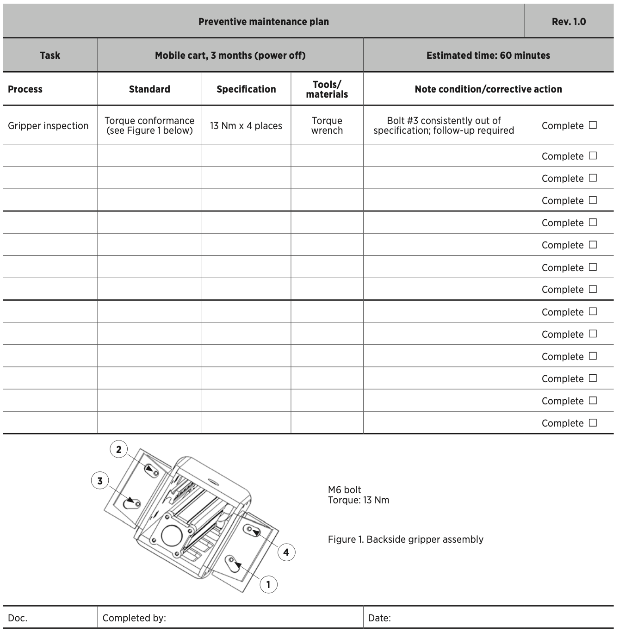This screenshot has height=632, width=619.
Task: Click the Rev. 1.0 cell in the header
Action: (x=569, y=22)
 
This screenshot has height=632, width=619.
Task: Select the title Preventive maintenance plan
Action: (x=263, y=22)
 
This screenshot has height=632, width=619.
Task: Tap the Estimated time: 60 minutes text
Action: (x=488, y=56)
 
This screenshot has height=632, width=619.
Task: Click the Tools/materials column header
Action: (x=327, y=89)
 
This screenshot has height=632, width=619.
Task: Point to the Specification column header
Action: (x=246, y=89)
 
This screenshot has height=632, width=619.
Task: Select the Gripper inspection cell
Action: (x=48, y=126)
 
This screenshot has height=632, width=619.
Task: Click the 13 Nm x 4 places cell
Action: (x=246, y=126)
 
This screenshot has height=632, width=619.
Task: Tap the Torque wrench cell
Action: (x=327, y=126)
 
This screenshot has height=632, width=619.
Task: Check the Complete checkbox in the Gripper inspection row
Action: (x=593, y=125)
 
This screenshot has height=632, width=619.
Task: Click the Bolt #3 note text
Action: (x=444, y=126)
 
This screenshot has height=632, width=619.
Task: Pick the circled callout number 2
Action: (x=119, y=449)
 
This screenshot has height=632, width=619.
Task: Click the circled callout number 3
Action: (x=100, y=481)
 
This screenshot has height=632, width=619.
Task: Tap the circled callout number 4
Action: (x=286, y=552)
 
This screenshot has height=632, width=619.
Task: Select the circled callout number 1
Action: (x=268, y=585)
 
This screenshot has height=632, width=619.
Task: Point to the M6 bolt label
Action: (x=345, y=490)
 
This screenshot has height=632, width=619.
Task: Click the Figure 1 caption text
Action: (x=405, y=539)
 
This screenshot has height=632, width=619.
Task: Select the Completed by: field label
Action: (x=134, y=618)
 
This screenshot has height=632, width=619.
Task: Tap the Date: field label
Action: (x=379, y=618)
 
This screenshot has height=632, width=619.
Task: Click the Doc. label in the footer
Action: (x=18, y=618)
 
